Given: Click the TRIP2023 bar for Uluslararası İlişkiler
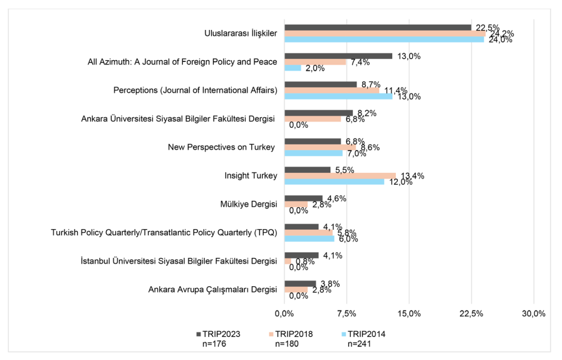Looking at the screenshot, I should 378,28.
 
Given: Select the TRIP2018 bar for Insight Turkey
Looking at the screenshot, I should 340,175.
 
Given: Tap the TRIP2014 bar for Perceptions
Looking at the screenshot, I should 338,96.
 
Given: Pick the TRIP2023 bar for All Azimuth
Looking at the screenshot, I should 338,56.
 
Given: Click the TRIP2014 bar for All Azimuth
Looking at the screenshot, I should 293,68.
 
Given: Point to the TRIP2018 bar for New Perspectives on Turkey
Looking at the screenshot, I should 320,147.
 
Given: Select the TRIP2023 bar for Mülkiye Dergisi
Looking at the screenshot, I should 303,198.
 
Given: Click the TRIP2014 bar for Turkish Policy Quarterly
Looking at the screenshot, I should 310,239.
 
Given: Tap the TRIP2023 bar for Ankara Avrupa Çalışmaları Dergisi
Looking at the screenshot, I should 300,284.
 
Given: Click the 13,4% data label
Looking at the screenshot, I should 411,175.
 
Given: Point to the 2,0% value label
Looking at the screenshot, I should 315,68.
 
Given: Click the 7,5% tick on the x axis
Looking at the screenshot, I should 346,313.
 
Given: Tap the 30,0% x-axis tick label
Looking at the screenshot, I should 533,313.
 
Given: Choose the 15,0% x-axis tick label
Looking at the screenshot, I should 408,313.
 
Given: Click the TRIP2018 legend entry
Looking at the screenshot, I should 291,334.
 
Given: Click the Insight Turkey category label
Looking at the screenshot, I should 251,176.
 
